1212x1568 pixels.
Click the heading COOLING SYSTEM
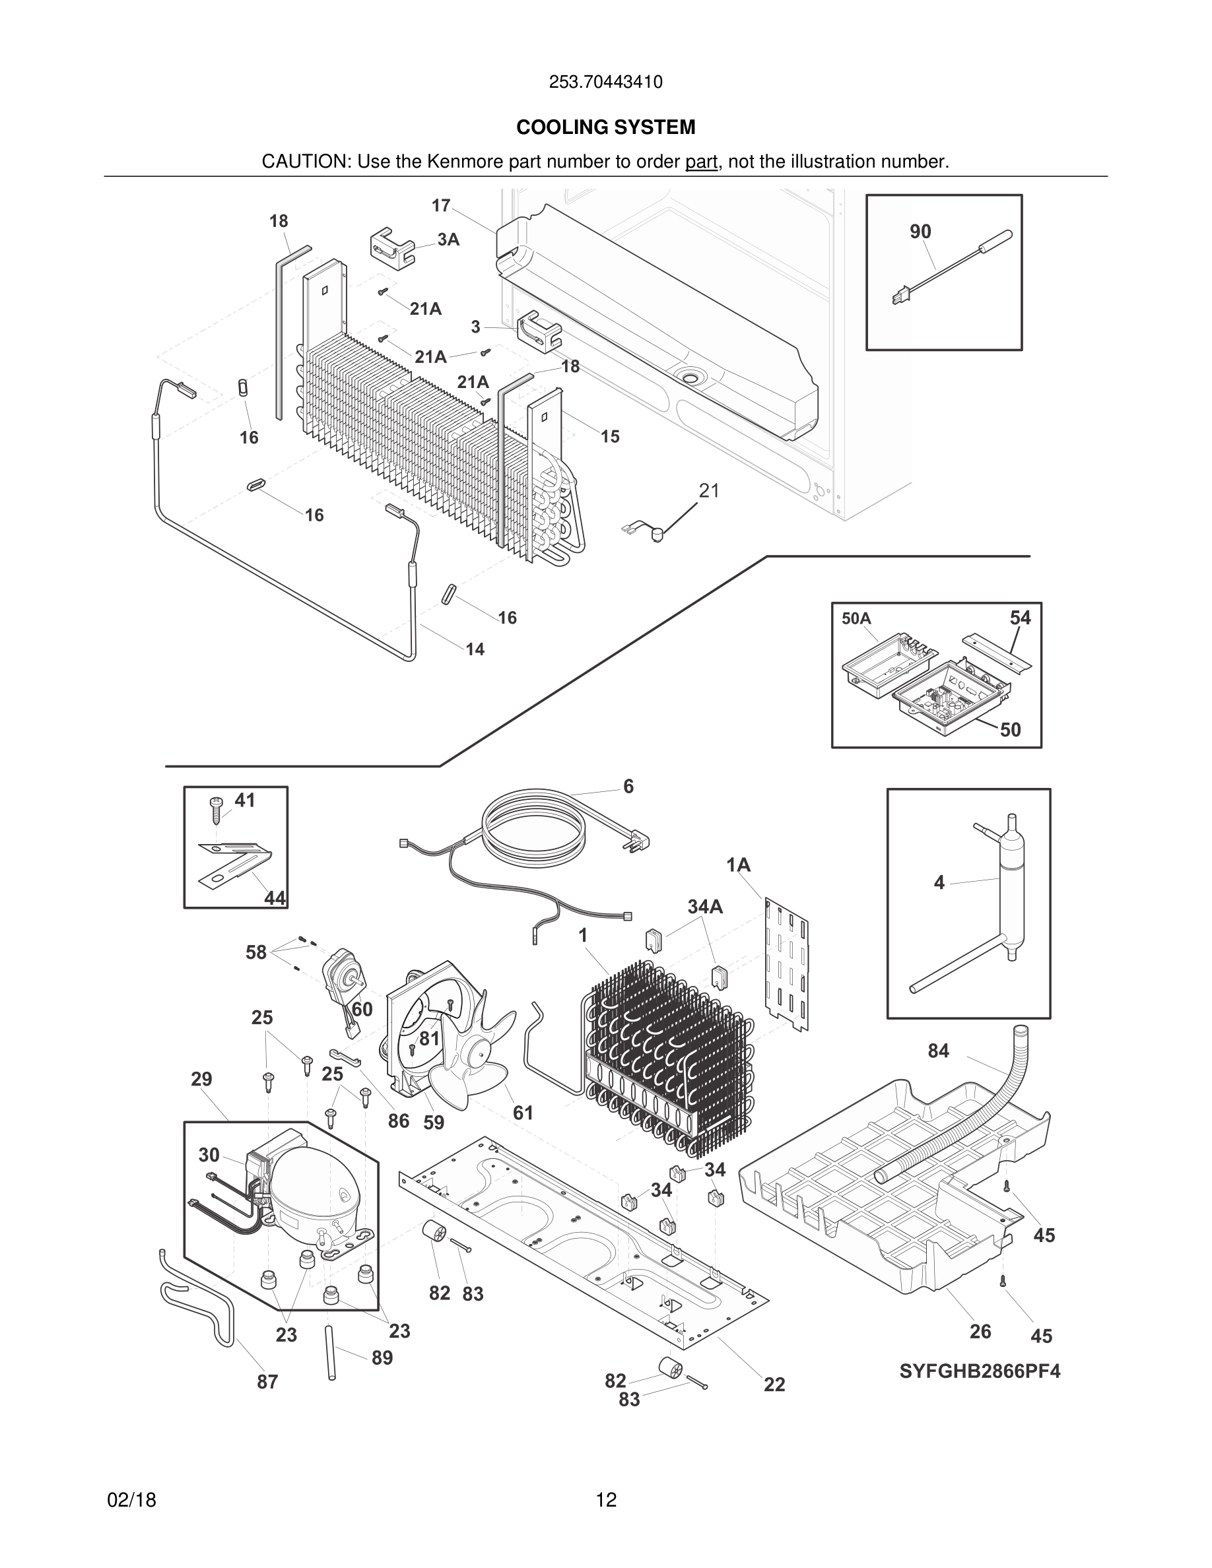[605, 127]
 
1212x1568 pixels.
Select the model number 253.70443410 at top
[605, 82]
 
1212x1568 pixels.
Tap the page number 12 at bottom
[605, 1500]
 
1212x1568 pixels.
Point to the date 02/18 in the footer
[131, 1500]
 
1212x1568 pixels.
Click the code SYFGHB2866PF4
[980, 1371]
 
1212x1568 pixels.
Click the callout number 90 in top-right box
[920, 231]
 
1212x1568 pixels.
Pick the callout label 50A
[856, 619]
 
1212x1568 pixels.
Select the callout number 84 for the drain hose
[938, 1051]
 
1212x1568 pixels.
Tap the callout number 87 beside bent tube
[267, 1381]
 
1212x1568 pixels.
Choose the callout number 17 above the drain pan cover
[440, 205]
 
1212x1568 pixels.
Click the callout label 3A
[448, 240]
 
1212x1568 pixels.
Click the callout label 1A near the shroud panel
[738, 865]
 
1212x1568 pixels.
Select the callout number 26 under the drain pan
[980, 1332]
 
